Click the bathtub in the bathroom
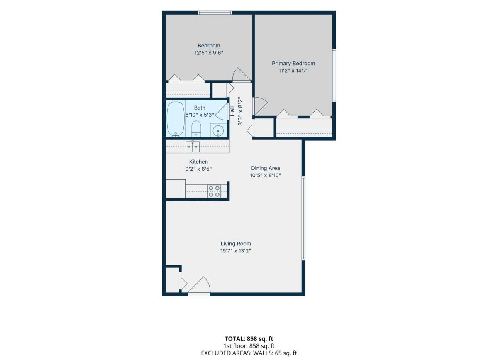(x=176, y=119)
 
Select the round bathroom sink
(x=218, y=131)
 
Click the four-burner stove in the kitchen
(x=214, y=191)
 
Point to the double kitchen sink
(x=193, y=147)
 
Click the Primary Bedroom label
(x=293, y=64)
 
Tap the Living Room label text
(x=236, y=244)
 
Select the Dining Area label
(x=266, y=168)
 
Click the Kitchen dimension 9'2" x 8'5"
(x=198, y=169)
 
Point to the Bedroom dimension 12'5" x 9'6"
(x=208, y=53)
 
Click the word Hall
(x=232, y=111)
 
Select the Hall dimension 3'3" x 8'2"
(x=240, y=111)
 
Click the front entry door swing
(x=199, y=285)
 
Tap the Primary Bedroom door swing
(x=261, y=106)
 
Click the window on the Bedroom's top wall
(x=215, y=13)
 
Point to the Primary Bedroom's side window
(x=334, y=75)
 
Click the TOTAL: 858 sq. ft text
(x=249, y=339)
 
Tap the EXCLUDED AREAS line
(x=249, y=353)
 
